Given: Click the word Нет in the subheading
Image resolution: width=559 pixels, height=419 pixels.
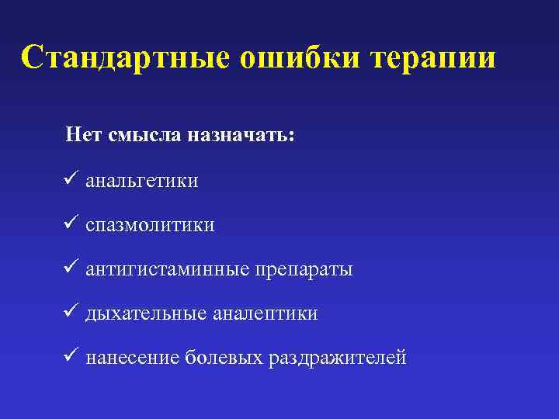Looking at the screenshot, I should [x=83, y=135].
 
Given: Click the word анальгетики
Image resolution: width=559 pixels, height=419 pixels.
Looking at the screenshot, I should [x=142, y=182].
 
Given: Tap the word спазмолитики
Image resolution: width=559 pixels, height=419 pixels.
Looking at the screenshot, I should [x=151, y=226].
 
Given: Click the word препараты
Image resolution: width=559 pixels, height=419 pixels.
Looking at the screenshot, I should [x=303, y=270].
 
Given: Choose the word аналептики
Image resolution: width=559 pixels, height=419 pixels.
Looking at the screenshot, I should [x=266, y=314].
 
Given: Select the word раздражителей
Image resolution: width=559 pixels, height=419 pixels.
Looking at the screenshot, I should [x=337, y=358].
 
